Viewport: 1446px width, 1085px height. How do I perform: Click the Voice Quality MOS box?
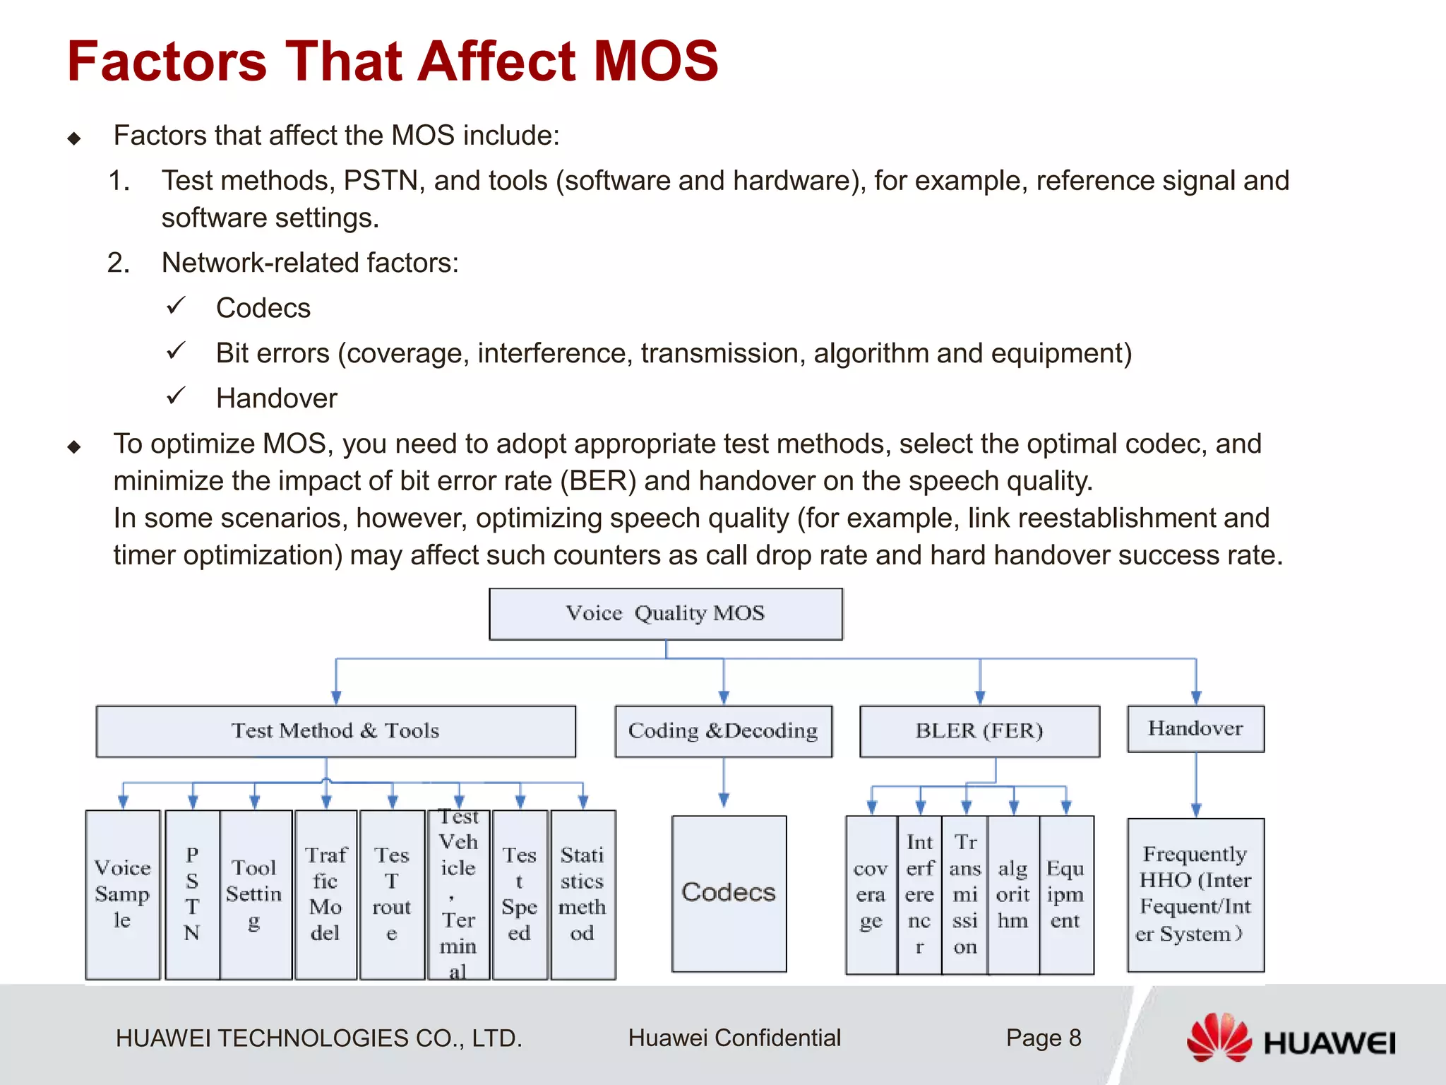[665, 613]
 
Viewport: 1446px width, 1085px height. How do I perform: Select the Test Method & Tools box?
[335, 731]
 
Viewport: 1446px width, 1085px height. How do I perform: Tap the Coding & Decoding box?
[723, 731]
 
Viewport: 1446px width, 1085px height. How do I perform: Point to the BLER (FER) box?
[979, 731]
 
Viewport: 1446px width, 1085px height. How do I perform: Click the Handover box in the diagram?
[1195, 728]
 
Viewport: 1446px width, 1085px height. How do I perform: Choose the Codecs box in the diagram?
[729, 894]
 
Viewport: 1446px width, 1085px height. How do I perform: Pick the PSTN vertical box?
[192, 894]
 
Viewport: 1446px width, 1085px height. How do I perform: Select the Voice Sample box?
[122, 894]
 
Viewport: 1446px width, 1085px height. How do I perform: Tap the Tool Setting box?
[255, 894]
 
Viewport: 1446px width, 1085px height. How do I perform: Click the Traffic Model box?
[325, 894]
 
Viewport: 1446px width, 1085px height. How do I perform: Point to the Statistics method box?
[582, 894]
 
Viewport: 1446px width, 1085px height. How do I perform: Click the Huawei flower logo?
[1219, 1037]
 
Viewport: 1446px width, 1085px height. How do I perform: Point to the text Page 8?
[1044, 1038]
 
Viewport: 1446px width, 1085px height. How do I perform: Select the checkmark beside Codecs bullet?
[176, 307]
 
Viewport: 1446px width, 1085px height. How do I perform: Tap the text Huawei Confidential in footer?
[734, 1038]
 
